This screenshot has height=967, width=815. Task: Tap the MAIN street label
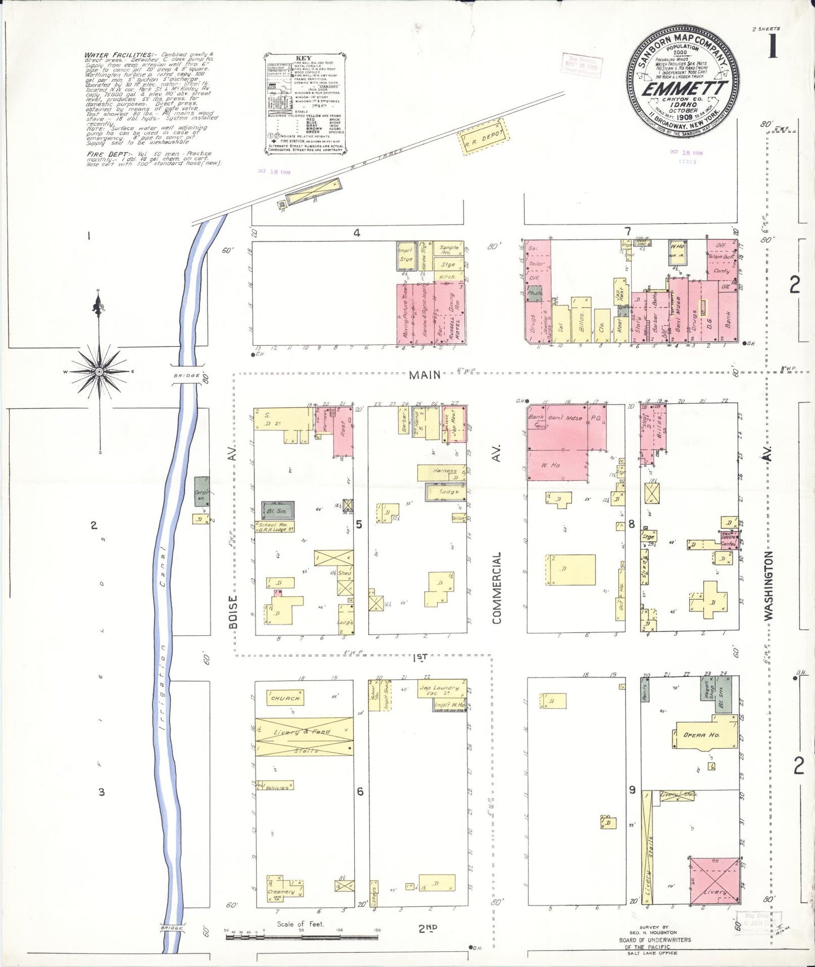coord(425,375)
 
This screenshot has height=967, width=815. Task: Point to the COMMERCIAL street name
coord(497,587)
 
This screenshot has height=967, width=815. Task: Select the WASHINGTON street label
coord(769,586)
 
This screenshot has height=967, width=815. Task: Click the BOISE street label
coord(233,611)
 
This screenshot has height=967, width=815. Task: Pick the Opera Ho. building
coord(701,735)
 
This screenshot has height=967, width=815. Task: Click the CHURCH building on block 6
coord(285,698)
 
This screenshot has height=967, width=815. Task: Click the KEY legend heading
coord(303,58)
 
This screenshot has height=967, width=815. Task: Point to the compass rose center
coord(99,372)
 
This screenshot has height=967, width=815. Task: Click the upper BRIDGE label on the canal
coord(186,376)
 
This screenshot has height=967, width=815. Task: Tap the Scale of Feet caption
coord(300,924)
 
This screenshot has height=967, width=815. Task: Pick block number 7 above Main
coord(627,232)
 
